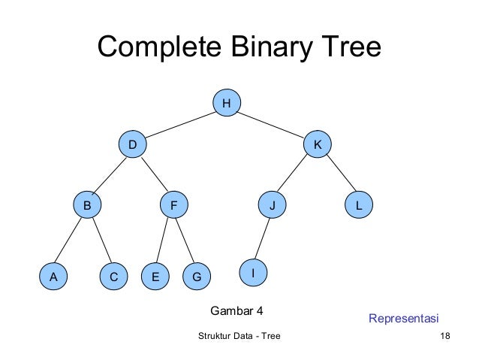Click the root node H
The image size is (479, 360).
tap(226, 103)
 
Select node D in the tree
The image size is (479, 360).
tap(133, 144)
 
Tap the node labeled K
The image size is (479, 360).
tap(318, 144)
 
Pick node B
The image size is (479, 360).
tap(87, 204)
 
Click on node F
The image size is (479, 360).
tap(174, 204)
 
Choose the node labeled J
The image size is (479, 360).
tap(273, 204)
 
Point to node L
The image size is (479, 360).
tap(360, 204)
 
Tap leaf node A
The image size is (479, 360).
tap(53, 277)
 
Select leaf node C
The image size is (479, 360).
tap(113, 277)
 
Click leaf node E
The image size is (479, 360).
tap(155, 277)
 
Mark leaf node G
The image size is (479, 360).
tap(197, 277)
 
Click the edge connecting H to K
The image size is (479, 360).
tap(272, 123)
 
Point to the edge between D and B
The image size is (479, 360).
tap(110, 174)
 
